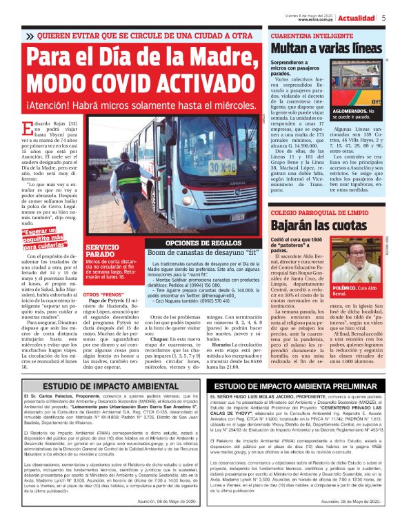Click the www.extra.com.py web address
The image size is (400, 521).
pyautogui.click(x=316, y=20)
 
